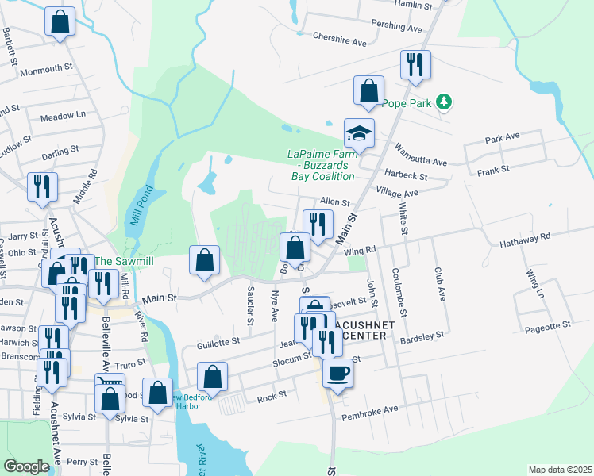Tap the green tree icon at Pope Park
pos(445,102)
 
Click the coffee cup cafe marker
pos(337,372)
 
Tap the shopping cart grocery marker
pos(109,386)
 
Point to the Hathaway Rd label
pos(524,238)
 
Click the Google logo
pos(26,466)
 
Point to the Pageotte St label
pos(545,325)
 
